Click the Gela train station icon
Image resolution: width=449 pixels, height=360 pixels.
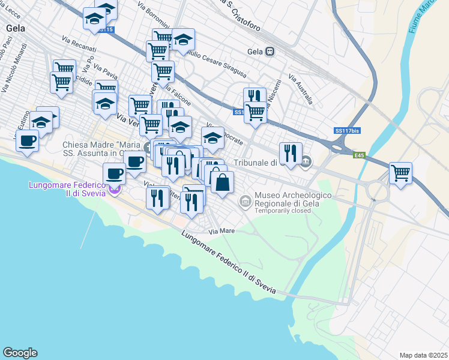click(x=270, y=52)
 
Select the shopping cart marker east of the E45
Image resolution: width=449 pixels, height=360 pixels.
click(x=400, y=173)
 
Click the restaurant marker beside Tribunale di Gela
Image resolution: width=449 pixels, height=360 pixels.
click(x=291, y=153)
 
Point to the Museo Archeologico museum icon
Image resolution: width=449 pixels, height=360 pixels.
click(x=245, y=201)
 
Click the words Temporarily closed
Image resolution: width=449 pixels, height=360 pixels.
click(x=283, y=211)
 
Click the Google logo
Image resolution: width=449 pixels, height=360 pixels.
click(x=20, y=353)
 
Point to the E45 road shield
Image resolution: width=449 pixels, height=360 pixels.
click(x=359, y=155)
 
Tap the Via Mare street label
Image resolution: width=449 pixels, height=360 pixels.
click(x=220, y=230)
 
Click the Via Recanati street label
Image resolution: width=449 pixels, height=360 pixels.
click(x=75, y=45)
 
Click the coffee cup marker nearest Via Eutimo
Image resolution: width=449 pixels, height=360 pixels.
click(x=26, y=142)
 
